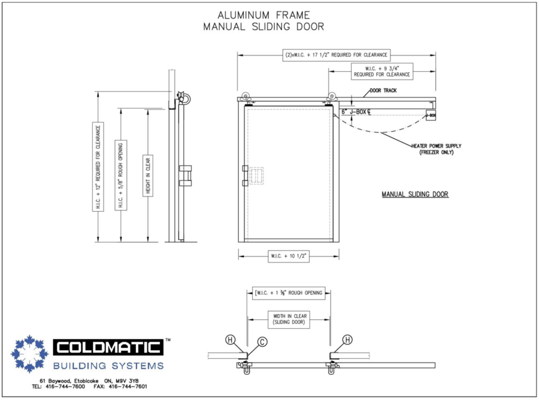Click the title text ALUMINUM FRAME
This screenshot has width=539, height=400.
(x=264, y=15)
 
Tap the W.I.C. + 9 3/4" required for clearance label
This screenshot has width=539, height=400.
(x=382, y=71)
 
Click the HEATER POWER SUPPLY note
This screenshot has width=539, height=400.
(x=436, y=149)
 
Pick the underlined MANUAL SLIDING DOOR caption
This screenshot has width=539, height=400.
(x=415, y=194)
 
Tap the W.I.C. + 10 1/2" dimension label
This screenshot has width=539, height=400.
(x=289, y=256)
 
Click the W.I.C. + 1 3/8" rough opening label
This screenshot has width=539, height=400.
(x=289, y=293)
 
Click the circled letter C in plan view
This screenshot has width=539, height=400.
(x=262, y=342)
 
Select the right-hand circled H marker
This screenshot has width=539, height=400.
(x=347, y=340)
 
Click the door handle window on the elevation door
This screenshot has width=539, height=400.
(x=256, y=175)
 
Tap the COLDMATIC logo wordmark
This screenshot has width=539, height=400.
(x=108, y=347)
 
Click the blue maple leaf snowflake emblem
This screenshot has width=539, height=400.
(x=29, y=354)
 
